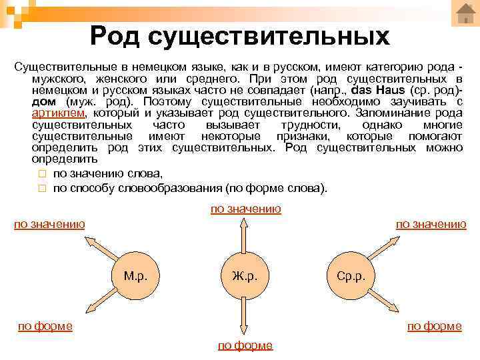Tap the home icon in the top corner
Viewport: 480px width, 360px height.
(x=465, y=13)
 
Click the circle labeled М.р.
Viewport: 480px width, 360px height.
(x=141, y=275)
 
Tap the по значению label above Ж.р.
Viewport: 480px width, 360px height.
(x=246, y=209)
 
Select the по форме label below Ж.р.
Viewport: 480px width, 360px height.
(x=245, y=345)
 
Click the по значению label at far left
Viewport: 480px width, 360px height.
(x=49, y=224)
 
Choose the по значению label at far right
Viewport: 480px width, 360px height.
(x=431, y=224)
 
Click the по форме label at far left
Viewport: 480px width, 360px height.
(x=45, y=326)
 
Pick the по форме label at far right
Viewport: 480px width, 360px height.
(x=435, y=326)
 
